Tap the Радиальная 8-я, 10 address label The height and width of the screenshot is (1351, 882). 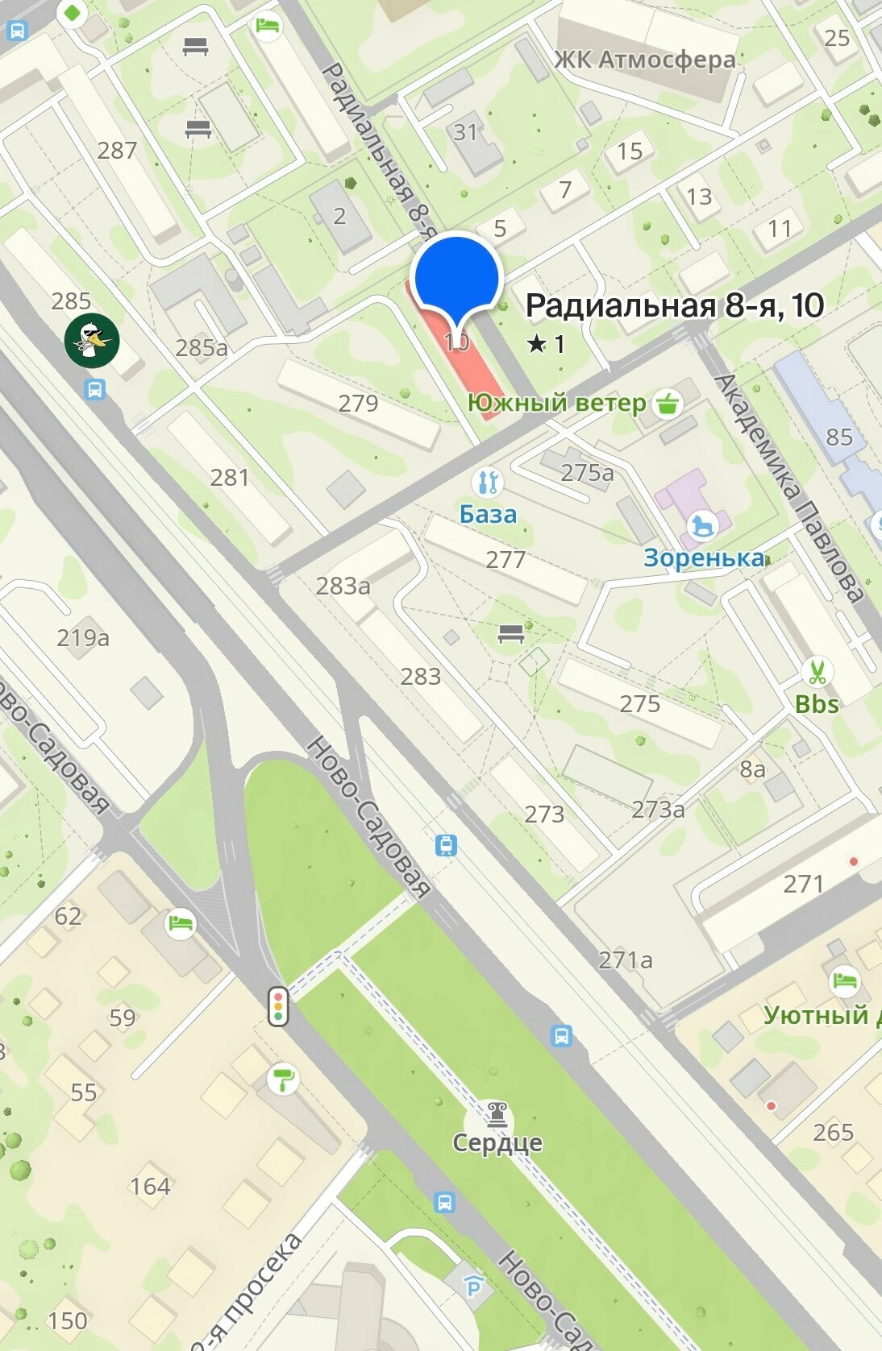point(674,306)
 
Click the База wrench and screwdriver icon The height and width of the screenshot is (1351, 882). point(487,483)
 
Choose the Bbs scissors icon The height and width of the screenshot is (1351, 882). point(817,671)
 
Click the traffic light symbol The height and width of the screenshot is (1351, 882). point(279,1005)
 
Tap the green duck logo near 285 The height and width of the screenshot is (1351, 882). point(93,340)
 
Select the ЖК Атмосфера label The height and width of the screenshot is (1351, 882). point(644,60)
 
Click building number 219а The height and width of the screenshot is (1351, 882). point(83,638)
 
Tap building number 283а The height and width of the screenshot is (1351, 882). point(343,586)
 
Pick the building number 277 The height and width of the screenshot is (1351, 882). point(505,559)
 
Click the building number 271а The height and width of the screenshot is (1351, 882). point(626,959)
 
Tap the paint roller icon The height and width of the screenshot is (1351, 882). point(283,1080)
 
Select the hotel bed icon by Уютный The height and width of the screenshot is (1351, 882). point(843,981)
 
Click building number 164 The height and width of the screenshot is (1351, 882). point(151,1186)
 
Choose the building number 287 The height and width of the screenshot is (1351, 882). point(117,150)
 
